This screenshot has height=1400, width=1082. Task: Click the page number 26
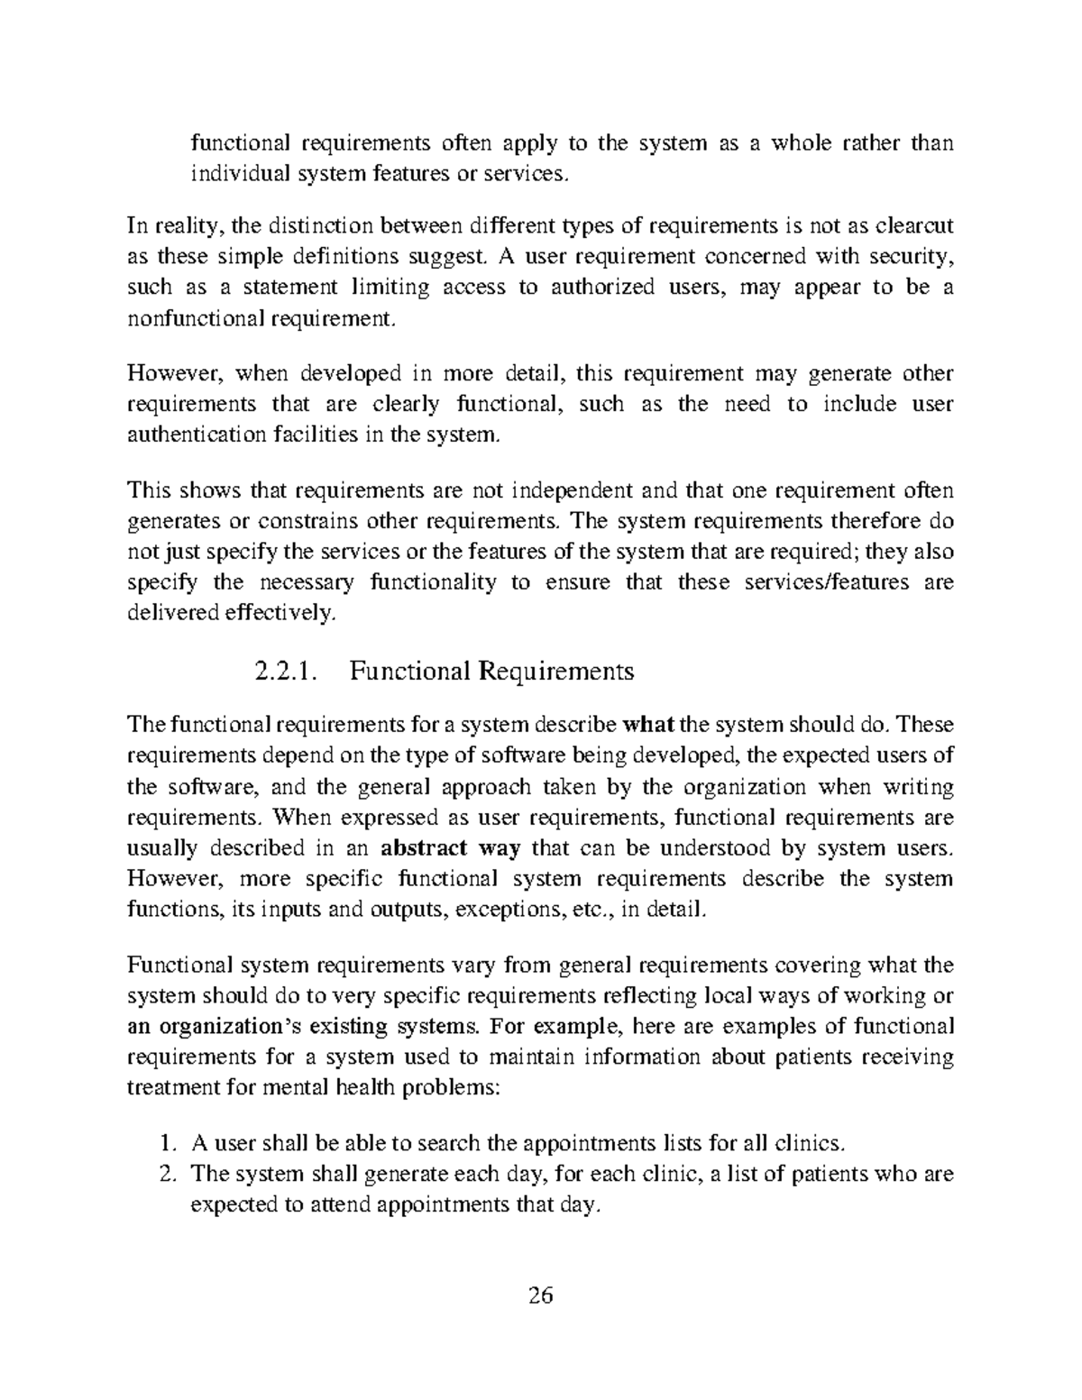click(541, 1296)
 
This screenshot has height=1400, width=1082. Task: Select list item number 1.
click(166, 1145)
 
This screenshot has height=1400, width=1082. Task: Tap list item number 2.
click(166, 1175)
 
